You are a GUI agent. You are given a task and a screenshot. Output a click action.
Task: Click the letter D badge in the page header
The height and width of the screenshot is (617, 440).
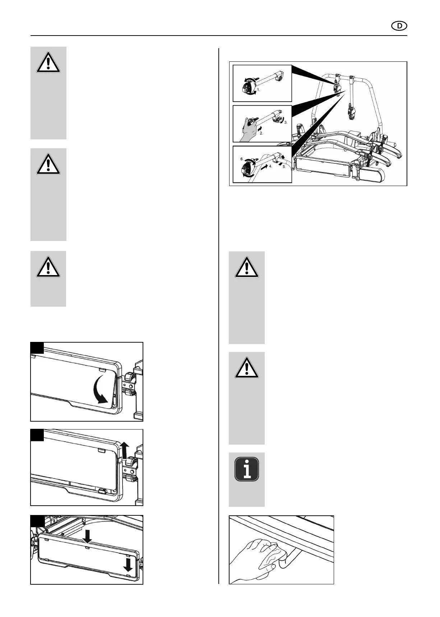coord(399,26)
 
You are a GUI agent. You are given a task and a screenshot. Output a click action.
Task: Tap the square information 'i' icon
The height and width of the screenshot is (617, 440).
coord(247,469)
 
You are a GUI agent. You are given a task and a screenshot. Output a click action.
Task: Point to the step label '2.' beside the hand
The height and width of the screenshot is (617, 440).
coord(261,133)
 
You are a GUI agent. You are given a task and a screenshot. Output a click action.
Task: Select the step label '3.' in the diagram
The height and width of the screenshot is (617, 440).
coord(286,122)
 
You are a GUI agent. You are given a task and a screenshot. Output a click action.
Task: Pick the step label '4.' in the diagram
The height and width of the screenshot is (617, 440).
coord(271,167)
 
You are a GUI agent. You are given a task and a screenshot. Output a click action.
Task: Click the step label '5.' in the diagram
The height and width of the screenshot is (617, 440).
coord(284,167)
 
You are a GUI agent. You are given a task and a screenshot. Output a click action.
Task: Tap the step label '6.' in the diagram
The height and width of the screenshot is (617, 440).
coord(242,158)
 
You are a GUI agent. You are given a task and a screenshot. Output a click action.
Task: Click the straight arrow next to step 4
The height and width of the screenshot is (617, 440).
coord(264,167)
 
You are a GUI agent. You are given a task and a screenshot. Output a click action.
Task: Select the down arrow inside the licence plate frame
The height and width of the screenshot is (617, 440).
coord(128,564)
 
